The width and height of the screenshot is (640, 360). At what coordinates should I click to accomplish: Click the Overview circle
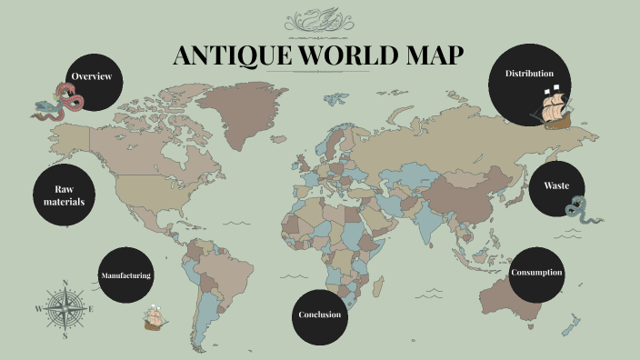coord(92,77)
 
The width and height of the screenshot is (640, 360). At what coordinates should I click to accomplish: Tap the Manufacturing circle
coord(125,275)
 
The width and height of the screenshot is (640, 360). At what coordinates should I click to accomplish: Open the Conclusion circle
coord(320,315)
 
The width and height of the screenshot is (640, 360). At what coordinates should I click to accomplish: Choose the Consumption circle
coord(536,273)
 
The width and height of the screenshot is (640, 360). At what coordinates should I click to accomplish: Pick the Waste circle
coord(556,186)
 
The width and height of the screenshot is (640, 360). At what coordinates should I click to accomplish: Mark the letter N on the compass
coord(65,282)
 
